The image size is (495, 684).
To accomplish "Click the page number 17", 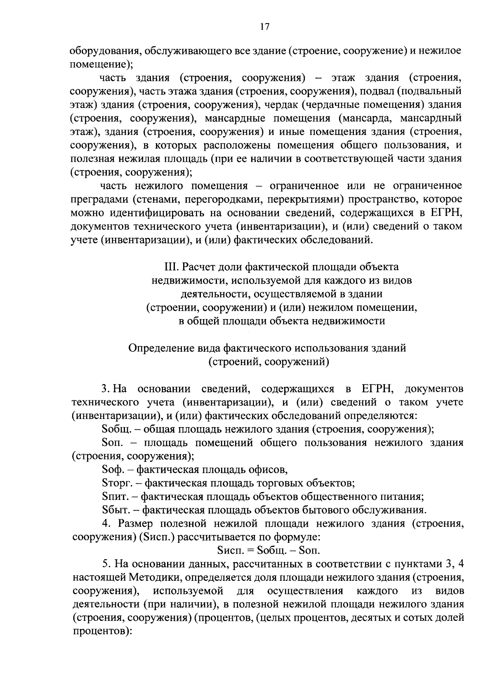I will [264, 27].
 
